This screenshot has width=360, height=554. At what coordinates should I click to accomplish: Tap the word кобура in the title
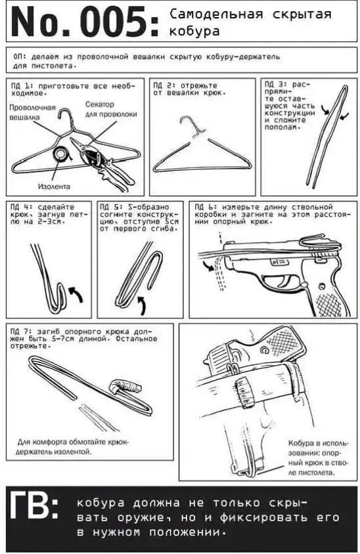click(x=194, y=31)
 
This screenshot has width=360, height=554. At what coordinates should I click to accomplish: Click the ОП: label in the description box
click(x=20, y=56)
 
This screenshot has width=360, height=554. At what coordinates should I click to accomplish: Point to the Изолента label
click(x=54, y=186)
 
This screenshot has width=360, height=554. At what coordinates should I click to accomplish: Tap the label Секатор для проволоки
click(x=110, y=109)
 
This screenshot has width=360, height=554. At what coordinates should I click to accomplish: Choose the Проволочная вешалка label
click(x=32, y=112)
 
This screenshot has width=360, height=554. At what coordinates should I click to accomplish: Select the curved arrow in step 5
click(x=142, y=305)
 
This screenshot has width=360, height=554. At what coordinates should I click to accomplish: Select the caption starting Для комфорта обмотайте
click(x=74, y=446)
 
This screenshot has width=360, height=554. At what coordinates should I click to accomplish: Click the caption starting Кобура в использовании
click(x=318, y=458)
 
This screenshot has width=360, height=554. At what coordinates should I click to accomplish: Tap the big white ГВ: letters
click(x=34, y=505)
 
